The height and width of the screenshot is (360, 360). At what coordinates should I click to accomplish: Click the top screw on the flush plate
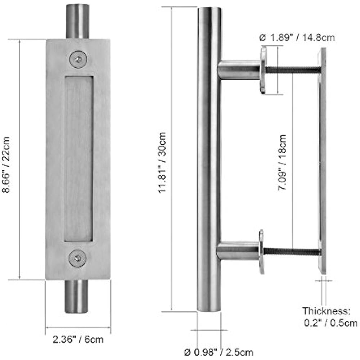(78, 59)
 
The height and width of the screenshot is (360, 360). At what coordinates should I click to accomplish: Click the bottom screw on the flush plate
(78, 258)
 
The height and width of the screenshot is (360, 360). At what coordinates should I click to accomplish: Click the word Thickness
(325, 311)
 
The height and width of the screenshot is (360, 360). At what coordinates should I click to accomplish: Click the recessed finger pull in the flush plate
(78, 158)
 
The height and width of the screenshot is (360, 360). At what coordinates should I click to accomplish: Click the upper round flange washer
(263, 70)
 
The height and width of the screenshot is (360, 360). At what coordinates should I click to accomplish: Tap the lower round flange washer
(261, 252)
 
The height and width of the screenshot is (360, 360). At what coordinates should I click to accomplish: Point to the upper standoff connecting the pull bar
(238, 70)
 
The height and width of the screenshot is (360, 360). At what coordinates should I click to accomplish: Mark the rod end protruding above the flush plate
(78, 21)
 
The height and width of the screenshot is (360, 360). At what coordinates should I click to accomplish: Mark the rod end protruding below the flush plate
(77, 296)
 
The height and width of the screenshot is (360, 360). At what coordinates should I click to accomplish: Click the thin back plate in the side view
(323, 160)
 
